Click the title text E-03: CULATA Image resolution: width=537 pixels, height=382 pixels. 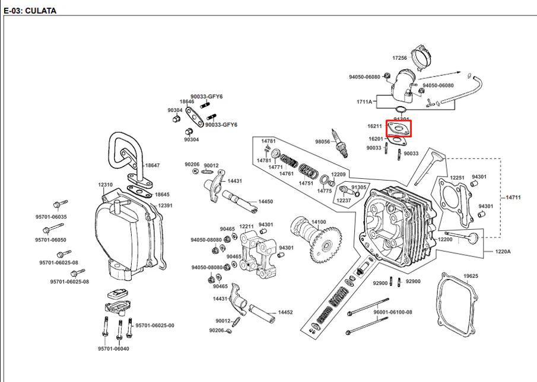pos(30,11)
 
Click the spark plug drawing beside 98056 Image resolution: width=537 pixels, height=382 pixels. pos(339,143)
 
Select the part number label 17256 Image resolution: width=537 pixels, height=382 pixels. pos(400,58)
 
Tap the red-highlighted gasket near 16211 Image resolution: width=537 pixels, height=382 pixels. pos(399,129)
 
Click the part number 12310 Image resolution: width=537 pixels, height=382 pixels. pos(105,185)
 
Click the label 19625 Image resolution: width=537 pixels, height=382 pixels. pos(471,276)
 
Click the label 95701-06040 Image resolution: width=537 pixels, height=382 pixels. pos(113,349)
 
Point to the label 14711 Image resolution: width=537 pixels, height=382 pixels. pos(513,197)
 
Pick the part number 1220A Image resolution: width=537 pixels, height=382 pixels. pos(503,252)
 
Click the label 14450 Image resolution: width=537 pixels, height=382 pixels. pos(265,201)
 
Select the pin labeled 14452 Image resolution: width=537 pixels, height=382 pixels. pos(262,314)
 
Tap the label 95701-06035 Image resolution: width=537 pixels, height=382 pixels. pos(51,217)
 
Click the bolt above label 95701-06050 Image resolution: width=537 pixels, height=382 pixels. pos(53,228)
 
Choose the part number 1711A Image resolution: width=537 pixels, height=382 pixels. pos(364,102)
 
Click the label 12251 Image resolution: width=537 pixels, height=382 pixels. pos(457,178)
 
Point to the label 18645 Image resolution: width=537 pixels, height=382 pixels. pos(162,195)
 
